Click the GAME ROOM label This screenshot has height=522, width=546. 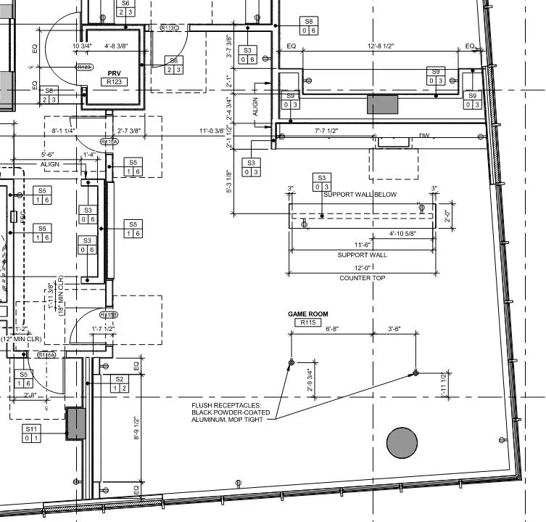(308, 314)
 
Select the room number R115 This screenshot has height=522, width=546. (308, 322)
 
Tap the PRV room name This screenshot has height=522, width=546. (113, 74)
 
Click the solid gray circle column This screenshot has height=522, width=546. (402, 443)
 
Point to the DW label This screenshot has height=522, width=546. (424, 136)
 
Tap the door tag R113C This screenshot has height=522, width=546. (169, 28)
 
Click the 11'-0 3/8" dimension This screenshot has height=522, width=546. (215, 131)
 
